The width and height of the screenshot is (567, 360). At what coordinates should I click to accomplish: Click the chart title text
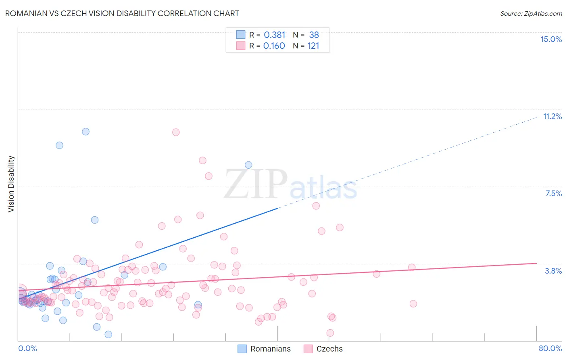122,13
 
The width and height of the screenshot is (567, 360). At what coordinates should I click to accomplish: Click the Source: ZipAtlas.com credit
531,13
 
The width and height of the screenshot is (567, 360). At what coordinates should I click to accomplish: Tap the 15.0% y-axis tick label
551,39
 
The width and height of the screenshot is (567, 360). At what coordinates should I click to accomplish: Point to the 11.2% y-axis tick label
552,116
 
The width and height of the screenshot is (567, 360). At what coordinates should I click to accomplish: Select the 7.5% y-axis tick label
553,193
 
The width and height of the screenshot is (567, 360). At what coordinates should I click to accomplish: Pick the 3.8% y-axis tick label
553,271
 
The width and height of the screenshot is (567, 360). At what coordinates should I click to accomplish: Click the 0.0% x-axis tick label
27,348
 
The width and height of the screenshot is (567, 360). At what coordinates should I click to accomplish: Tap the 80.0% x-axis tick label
550,348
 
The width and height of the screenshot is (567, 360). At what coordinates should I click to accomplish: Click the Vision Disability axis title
11,184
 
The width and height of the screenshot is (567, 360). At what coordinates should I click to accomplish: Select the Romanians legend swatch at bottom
242,349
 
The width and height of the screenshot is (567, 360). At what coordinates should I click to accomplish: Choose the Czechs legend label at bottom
329,349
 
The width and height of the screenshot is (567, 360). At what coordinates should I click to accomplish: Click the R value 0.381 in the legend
274,35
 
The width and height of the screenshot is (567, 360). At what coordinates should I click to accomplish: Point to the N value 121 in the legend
313,46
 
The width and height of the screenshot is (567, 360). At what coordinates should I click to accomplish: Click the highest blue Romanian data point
85,132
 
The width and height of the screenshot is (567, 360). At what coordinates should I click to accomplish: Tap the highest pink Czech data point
176,132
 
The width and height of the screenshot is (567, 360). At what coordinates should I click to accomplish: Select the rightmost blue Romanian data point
248,165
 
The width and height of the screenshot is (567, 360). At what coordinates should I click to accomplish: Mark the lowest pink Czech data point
330,333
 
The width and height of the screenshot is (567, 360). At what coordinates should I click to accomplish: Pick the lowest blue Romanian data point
108,334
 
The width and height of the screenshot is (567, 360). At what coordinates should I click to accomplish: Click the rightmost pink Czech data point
413,303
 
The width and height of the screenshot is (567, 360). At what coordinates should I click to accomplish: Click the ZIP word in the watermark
256,184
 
